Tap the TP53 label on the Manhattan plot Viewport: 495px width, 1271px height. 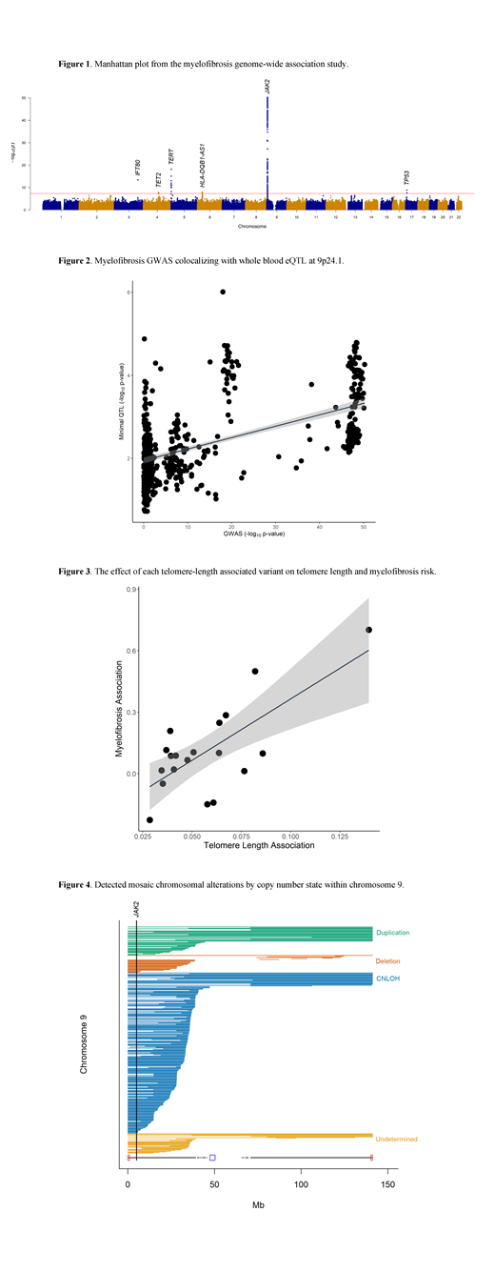(x=407, y=177)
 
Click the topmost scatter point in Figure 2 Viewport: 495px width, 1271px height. (x=223, y=292)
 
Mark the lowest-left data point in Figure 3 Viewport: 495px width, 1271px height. (x=149, y=819)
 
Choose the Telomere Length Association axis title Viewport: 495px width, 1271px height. (x=253, y=846)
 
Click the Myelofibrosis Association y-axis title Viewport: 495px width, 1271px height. (x=121, y=711)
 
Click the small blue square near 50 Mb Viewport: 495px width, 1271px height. (x=212, y=1158)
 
